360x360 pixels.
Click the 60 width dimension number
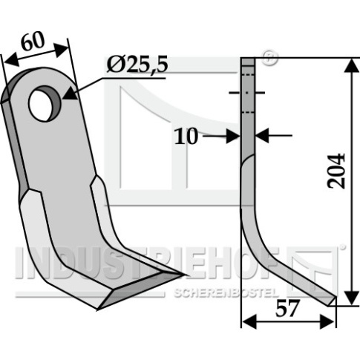tap(33, 42)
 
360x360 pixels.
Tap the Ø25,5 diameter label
tap(137, 65)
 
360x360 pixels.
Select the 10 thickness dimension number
tap(186, 137)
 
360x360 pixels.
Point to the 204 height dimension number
tap(336, 171)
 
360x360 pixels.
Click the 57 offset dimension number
tap(287, 308)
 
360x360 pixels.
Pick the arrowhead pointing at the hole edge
tap(70, 94)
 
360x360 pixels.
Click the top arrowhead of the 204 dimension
tap(351, 66)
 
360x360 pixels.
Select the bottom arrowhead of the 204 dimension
tap(351, 298)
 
